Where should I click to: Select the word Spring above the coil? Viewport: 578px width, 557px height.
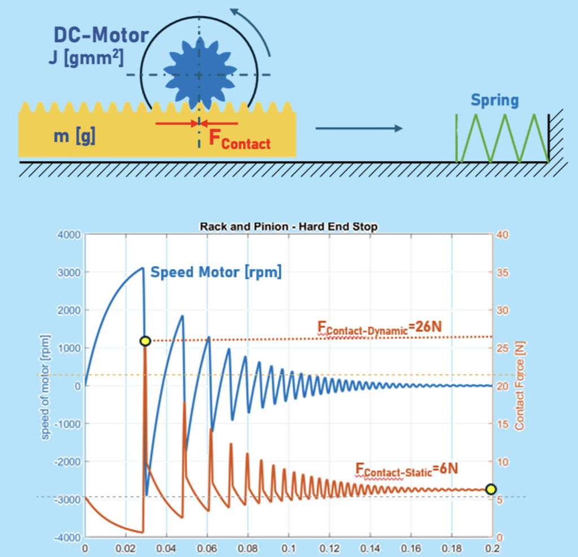pyautogui.click(x=494, y=101)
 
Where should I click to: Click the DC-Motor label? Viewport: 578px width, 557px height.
pyautogui.click(x=101, y=36)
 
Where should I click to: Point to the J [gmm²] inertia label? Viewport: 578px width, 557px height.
pyautogui.click(x=85, y=58)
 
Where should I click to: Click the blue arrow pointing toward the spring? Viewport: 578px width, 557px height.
pyautogui.click(x=359, y=129)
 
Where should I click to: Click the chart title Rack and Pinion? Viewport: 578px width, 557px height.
pyautogui.click(x=289, y=227)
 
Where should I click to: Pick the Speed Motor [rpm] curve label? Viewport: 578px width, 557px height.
pyautogui.click(x=216, y=272)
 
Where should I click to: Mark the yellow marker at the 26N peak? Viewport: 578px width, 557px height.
pyautogui.click(x=145, y=341)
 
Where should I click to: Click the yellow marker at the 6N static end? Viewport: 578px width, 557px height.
pyautogui.click(x=490, y=489)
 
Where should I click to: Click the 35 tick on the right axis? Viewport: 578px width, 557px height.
pyautogui.click(x=503, y=272)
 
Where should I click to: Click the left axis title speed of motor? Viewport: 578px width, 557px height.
pyautogui.click(x=46, y=386)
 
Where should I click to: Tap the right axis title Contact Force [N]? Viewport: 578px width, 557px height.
pyautogui.click(x=520, y=386)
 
